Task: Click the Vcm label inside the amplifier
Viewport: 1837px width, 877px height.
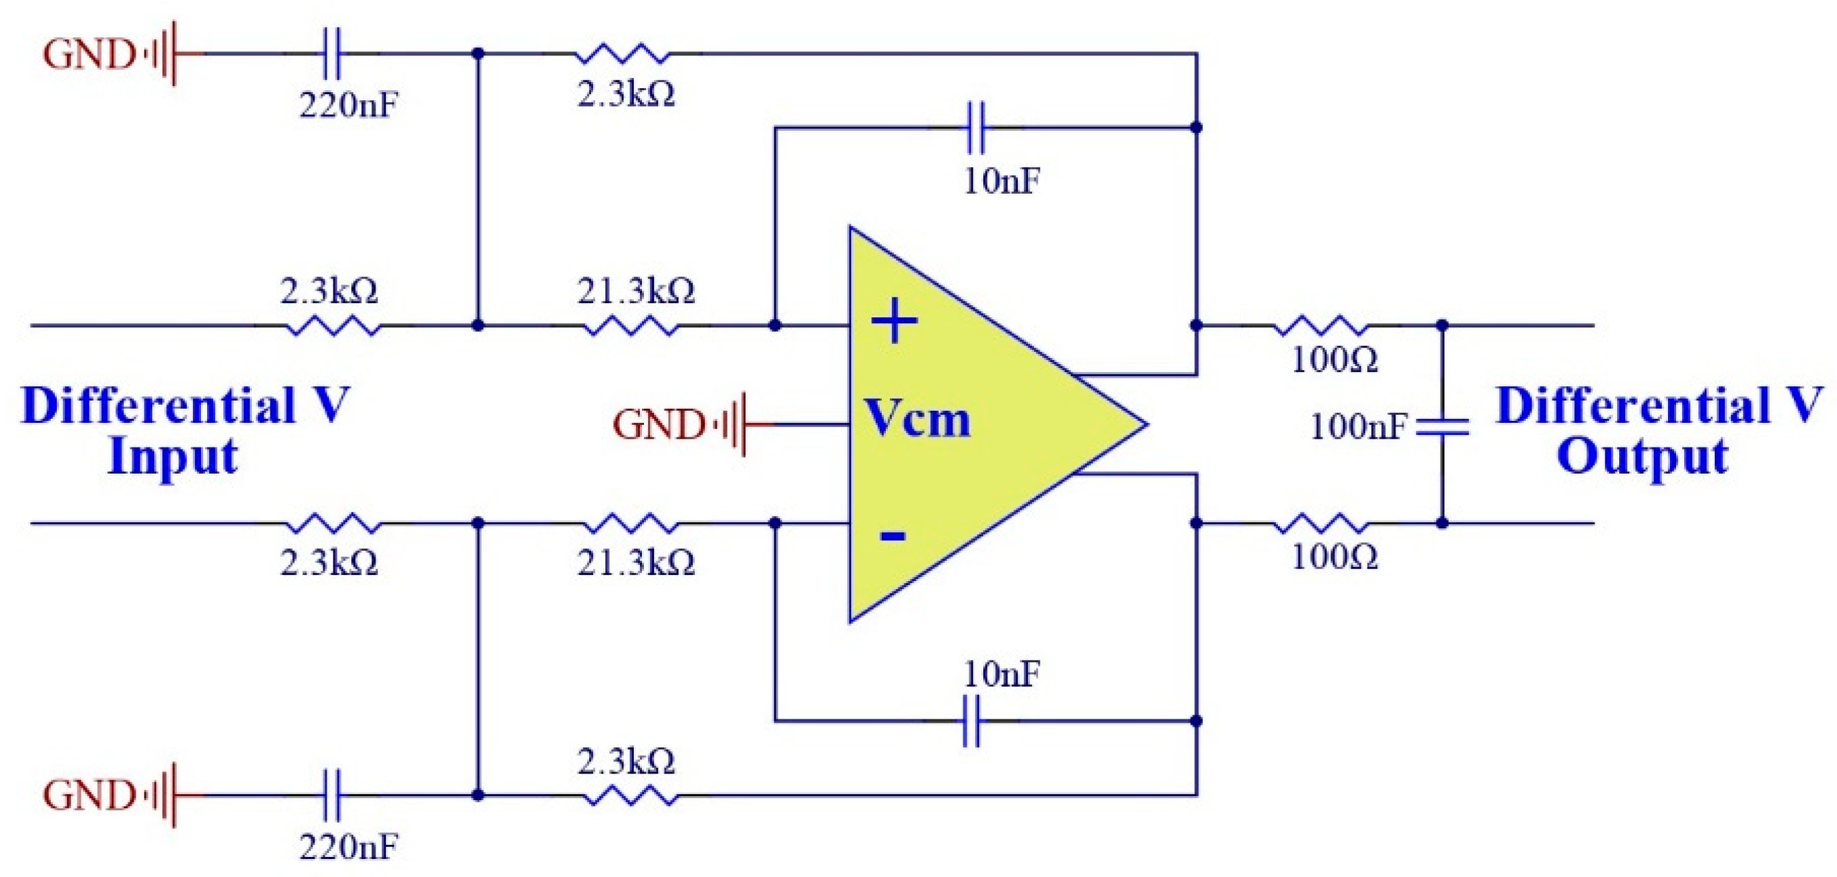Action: coord(917,419)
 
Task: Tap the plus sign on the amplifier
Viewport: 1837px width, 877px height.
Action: coord(894,321)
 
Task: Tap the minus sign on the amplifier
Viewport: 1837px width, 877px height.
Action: coord(892,535)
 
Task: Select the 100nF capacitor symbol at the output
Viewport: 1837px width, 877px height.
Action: coord(1442,426)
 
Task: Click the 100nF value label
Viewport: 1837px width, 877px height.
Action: coord(1358,426)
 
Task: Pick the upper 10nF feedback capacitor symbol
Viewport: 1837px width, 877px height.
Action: coord(975,128)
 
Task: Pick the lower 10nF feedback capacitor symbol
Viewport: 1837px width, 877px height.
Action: coord(971,721)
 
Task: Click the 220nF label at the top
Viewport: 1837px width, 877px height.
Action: coord(348,106)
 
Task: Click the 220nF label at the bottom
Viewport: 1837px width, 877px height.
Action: coord(348,847)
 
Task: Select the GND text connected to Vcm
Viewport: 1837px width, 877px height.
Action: coord(658,425)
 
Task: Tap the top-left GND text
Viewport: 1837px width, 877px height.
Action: coord(88,54)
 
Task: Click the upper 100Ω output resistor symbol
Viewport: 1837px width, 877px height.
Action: coord(1321,326)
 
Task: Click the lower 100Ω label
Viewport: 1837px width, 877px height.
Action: coord(1334,557)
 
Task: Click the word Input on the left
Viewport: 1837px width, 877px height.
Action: coord(172,456)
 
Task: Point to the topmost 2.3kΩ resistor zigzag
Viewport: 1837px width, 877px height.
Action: coord(622,54)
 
